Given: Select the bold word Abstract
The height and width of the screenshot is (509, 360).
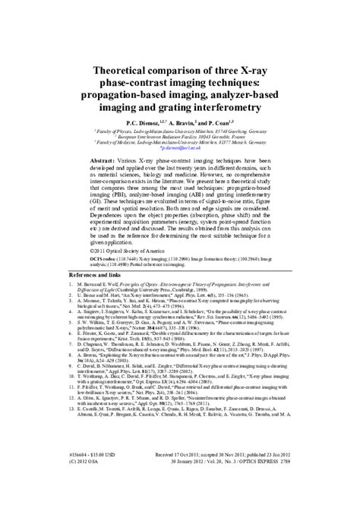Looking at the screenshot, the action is pyautogui.click(x=105, y=163).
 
